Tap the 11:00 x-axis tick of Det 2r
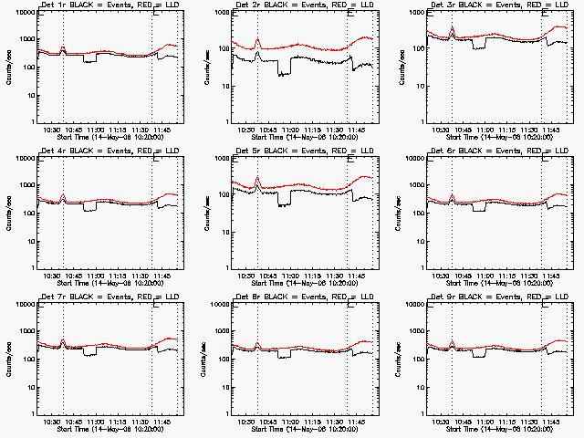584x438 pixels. point(291,129)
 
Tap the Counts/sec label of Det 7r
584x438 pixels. point(8,357)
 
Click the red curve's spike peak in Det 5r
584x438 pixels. point(257,177)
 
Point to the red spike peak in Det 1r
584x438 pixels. point(62,47)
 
